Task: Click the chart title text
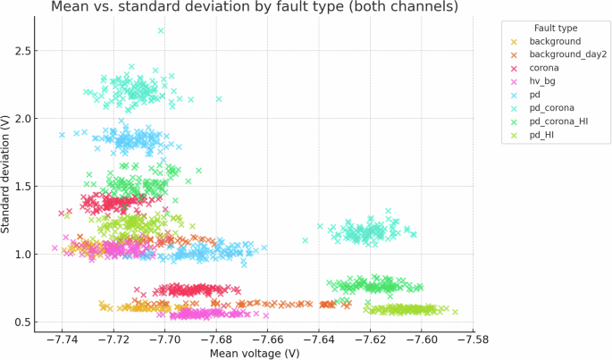point(255,6)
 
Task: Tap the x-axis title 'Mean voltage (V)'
point(255,354)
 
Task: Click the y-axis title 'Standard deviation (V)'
point(5,174)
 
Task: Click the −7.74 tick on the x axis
point(62,340)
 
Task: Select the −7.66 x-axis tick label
point(267,340)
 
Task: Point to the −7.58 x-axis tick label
point(473,340)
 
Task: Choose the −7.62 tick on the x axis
point(370,340)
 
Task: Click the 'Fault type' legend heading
point(556,28)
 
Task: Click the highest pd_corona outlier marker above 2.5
point(161,30)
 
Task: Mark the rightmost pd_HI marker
point(455,312)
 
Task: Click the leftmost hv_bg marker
point(54,248)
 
